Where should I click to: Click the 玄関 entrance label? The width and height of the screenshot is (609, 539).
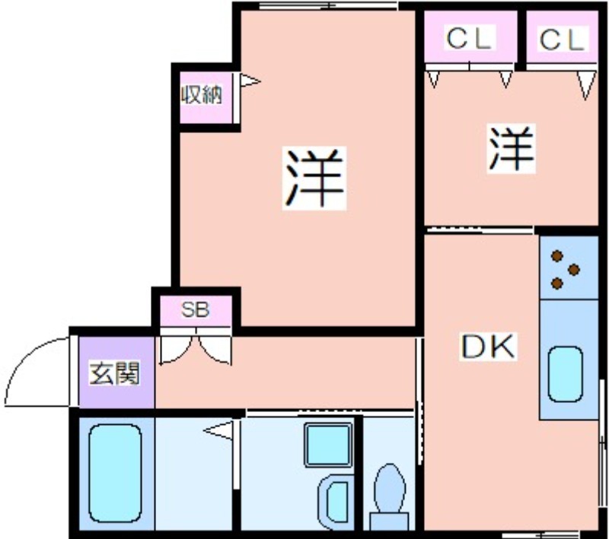click(x=114, y=373)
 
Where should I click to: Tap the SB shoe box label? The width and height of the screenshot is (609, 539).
click(x=196, y=309)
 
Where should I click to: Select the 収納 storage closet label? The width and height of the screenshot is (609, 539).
click(x=202, y=94)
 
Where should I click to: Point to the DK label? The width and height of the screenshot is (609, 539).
click(x=488, y=346)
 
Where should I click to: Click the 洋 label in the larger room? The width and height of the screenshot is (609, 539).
click(x=314, y=178)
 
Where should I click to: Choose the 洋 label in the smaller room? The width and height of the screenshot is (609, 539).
click(x=511, y=148)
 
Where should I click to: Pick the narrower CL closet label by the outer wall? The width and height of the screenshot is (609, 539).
click(x=562, y=39)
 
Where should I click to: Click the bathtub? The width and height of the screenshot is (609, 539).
click(x=115, y=474)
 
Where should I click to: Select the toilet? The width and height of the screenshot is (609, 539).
click(x=389, y=496)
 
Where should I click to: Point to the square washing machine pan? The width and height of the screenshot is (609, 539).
click(x=328, y=445)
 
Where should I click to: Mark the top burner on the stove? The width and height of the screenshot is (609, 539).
click(x=557, y=256)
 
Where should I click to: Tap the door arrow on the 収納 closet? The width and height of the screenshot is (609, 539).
click(x=250, y=81)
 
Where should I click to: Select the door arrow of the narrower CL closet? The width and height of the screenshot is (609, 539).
click(x=586, y=85)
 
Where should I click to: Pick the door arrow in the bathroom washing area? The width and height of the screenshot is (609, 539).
click(x=218, y=430)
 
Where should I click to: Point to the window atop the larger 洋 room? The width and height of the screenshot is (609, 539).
click(x=328, y=5)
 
